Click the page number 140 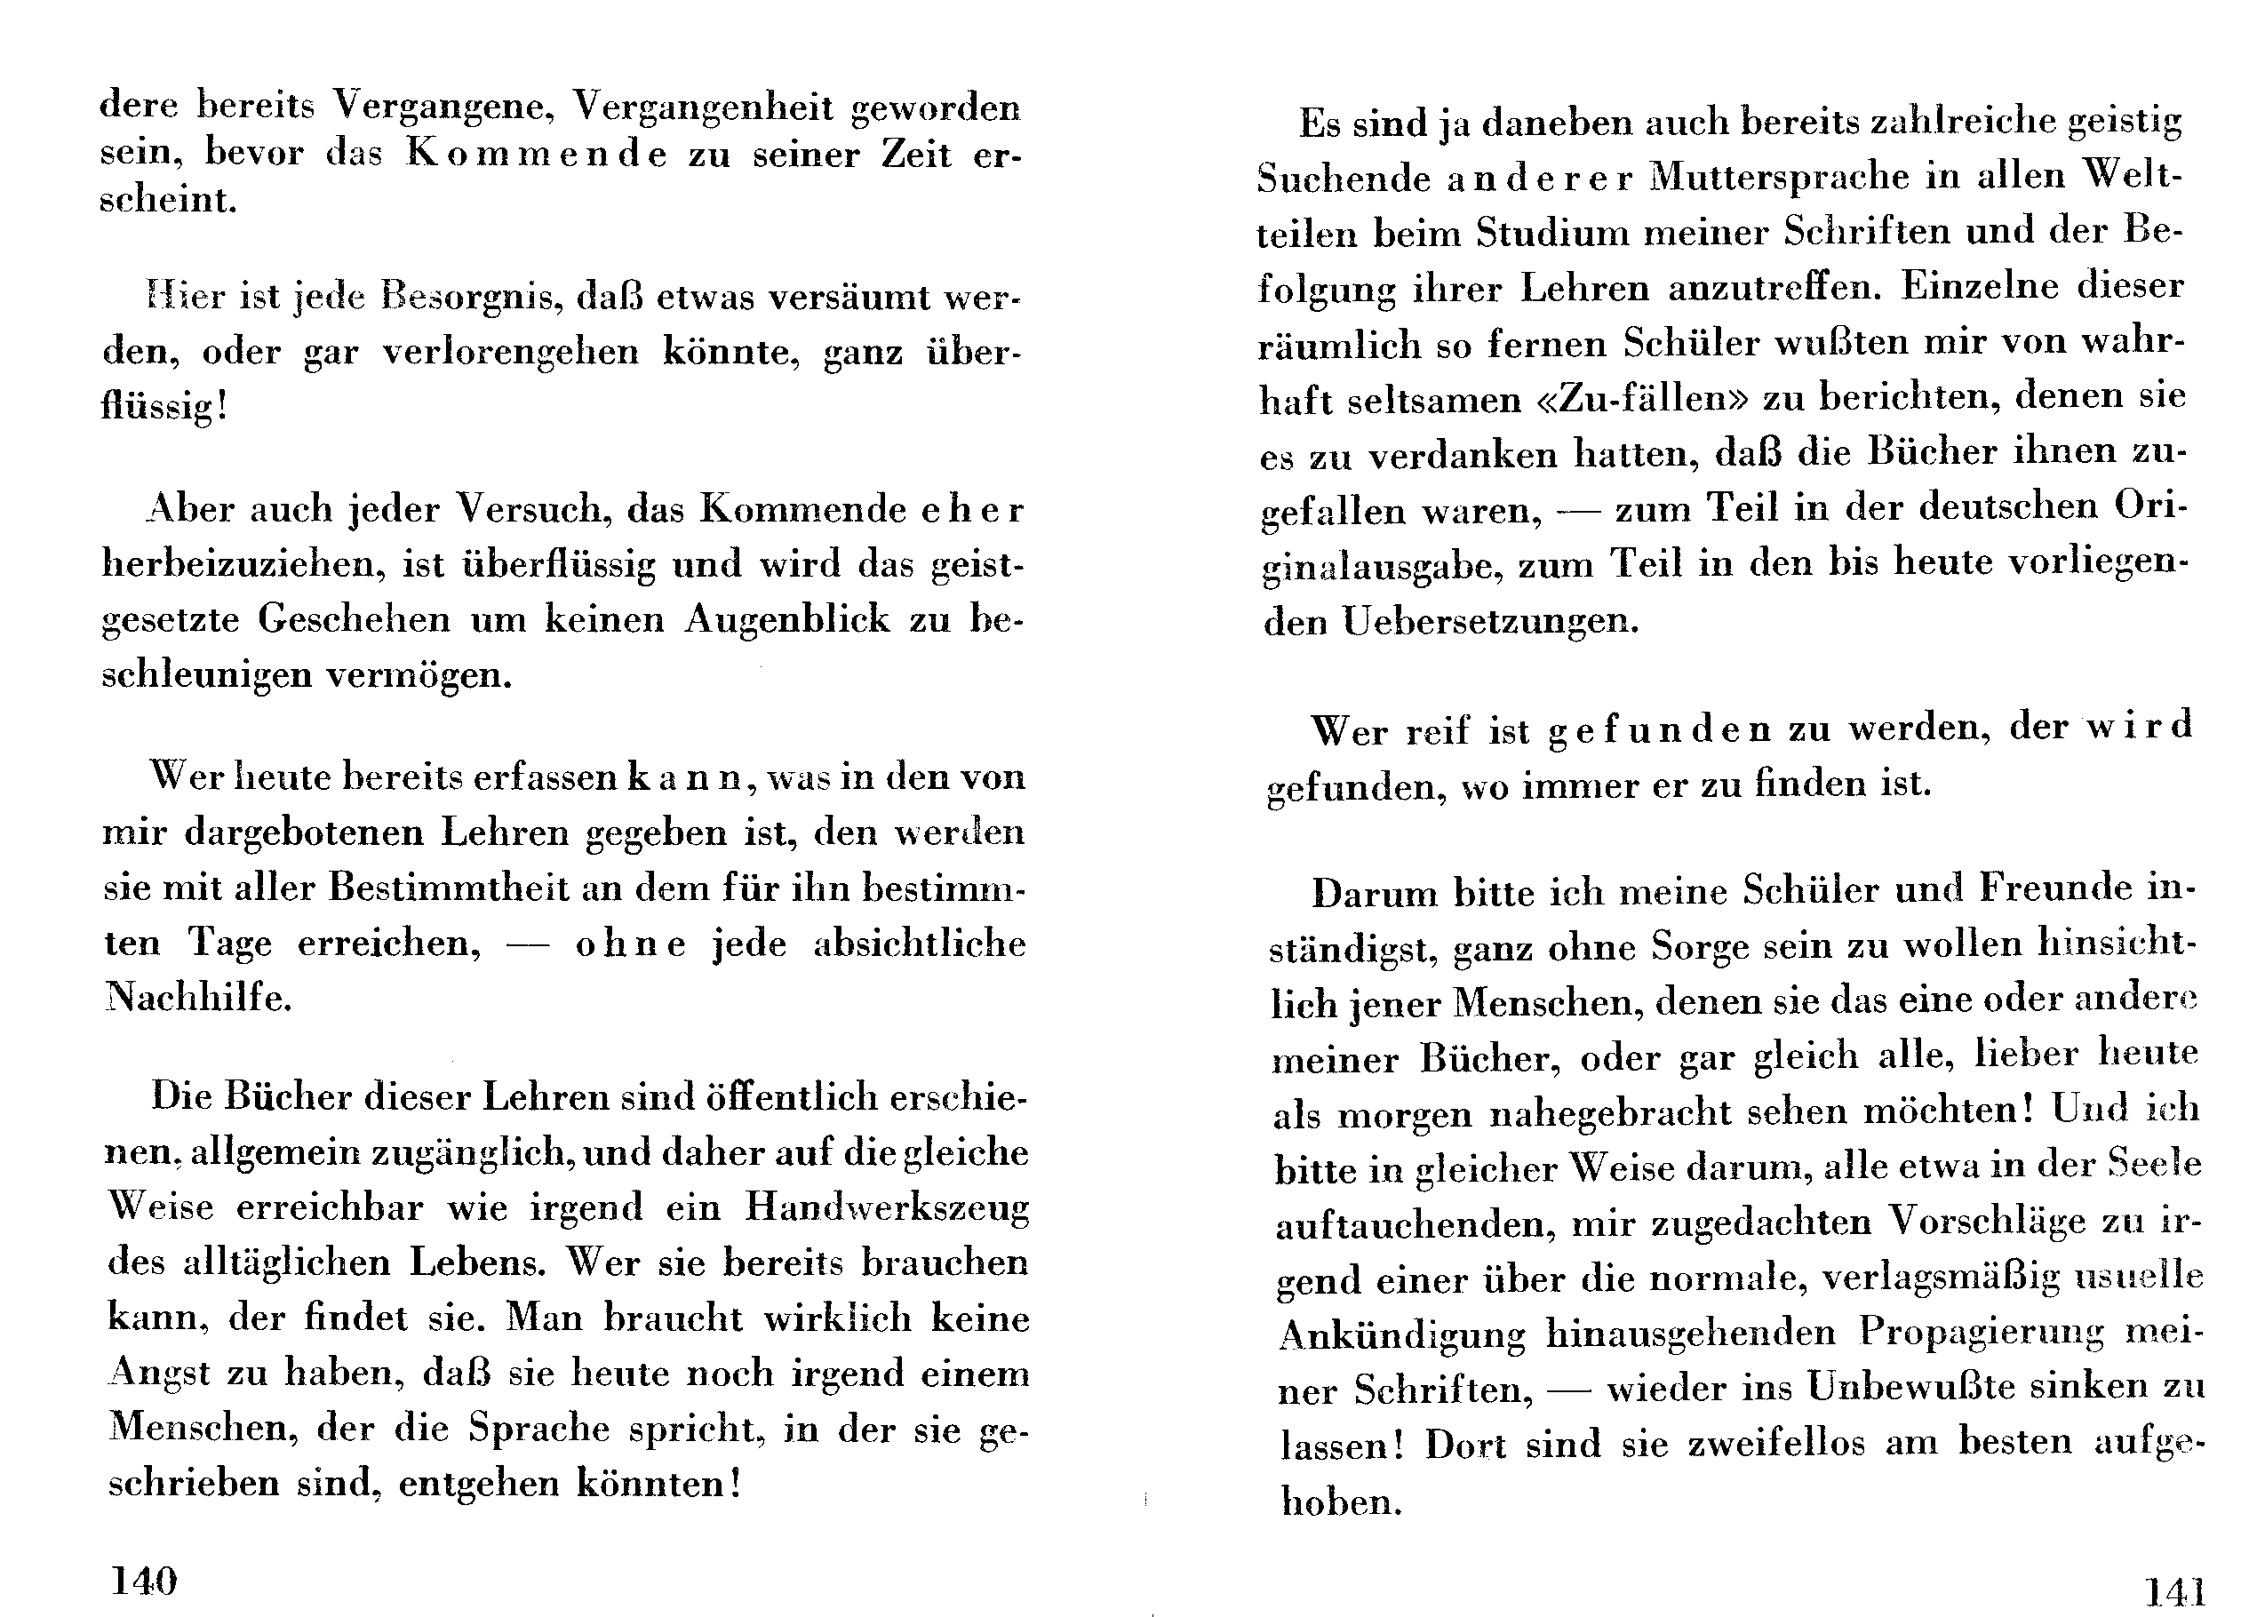[x=143, y=1579]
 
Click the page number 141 [x=2173, y=1592]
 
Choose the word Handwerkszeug [x=887, y=1207]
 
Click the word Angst [x=159, y=1374]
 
